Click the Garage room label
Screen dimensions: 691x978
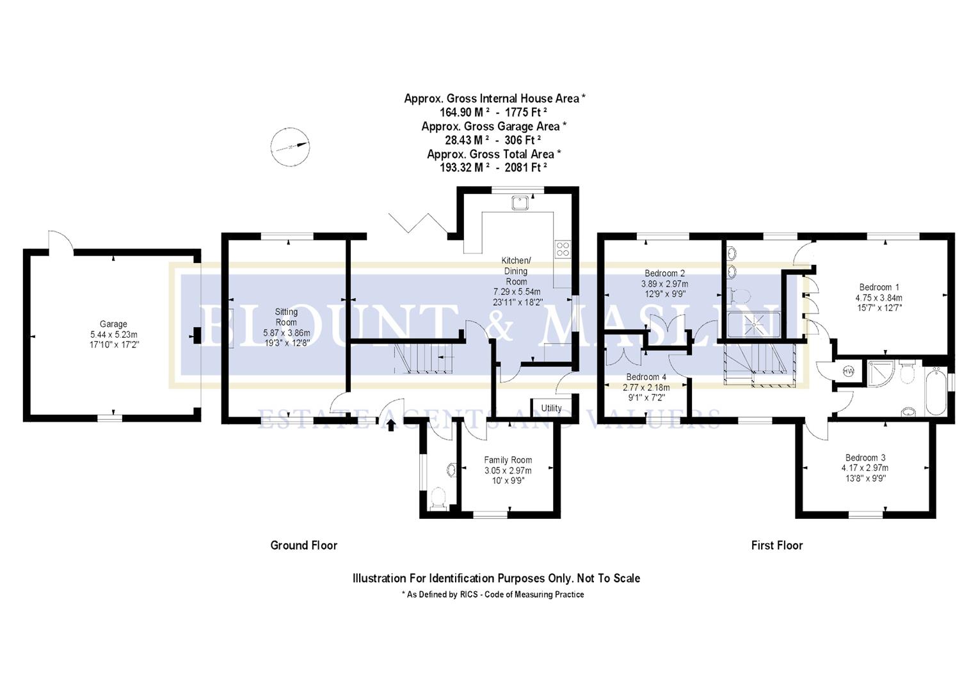(x=113, y=324)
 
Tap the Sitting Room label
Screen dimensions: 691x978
(x=286, y=317)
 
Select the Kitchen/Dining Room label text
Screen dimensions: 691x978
(x=516, y=271)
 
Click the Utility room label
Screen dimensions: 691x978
(x=551, y=408)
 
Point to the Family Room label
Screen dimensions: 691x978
(x=508, y=460)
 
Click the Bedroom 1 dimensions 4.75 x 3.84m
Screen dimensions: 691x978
(x=879, y=298)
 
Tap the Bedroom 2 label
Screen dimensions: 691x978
(x=664, y=273)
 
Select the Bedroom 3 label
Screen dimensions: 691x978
(x=865, y=457)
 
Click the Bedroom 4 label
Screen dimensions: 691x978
(x=646, y=377)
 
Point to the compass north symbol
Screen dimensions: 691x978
(x=289, y=147)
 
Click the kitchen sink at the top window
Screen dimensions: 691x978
(x=519, y=203)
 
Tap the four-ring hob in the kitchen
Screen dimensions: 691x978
(x=563, y=248)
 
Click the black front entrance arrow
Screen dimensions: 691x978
(x=390, y=425)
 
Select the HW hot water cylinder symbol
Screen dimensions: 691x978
(x=848, y=371)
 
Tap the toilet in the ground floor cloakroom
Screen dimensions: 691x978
(x=438, y=498)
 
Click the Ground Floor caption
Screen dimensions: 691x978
(x=303, y=545)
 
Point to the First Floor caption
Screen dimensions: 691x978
(x=776, y=545)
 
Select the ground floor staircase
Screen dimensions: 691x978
(x=422, y=358)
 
